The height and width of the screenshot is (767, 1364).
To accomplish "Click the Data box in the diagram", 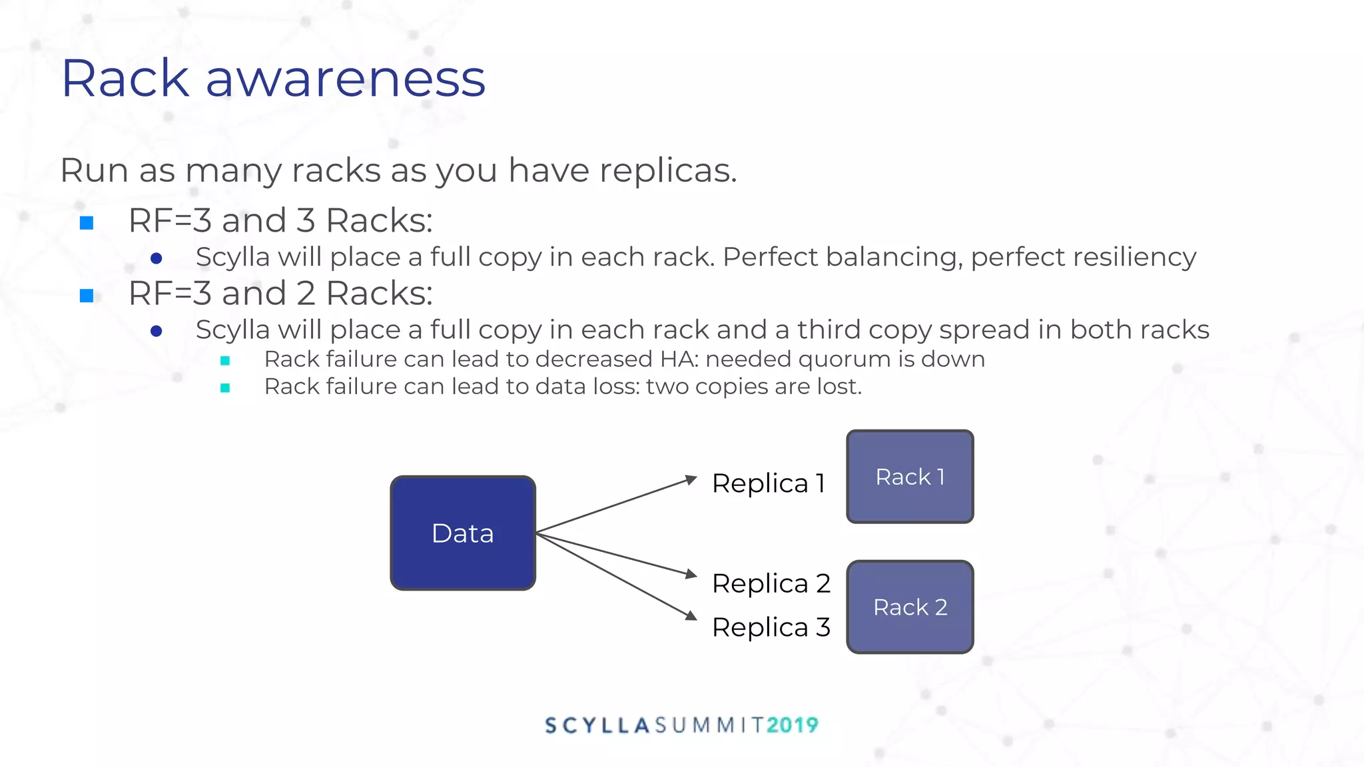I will pyautogui.click(x=463, y=533).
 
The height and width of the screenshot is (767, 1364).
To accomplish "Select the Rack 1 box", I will pyautogui.click(x=910, y=477).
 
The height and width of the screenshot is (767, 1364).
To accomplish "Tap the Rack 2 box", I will pyautogui.click(x=910, y=607).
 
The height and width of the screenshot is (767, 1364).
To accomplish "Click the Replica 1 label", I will pyautogui.click(x=769, y=483).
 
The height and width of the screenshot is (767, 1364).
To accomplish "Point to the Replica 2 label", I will pyautogui.click(x=771, y=583).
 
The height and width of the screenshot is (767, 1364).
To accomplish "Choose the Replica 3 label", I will pyautogui.click(x=771, y=627).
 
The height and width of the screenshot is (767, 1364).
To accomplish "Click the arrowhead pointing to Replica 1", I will pyautogui.click(x=691, y=479).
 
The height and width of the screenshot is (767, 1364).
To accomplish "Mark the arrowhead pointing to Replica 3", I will pyautogui.click(x=691, y=616).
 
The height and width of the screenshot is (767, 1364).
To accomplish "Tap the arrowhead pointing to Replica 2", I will pyautogui.click(x=691, y=573).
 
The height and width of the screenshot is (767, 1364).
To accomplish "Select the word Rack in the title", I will pyautogui.click(x=125, y=79).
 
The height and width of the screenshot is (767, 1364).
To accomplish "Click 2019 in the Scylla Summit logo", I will pyautogui.click(x=792, y=725).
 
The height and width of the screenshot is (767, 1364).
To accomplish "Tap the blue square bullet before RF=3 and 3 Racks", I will pyautogui.click(x=87, y=223).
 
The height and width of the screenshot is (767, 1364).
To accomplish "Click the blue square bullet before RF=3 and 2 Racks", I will pyautogui.click(x=87, y=296).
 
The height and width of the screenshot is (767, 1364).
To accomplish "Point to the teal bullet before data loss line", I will pyautogui.click(x=225, y=387).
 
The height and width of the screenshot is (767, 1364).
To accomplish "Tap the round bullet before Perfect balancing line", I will pyautogui.click(x=157, y=258).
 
